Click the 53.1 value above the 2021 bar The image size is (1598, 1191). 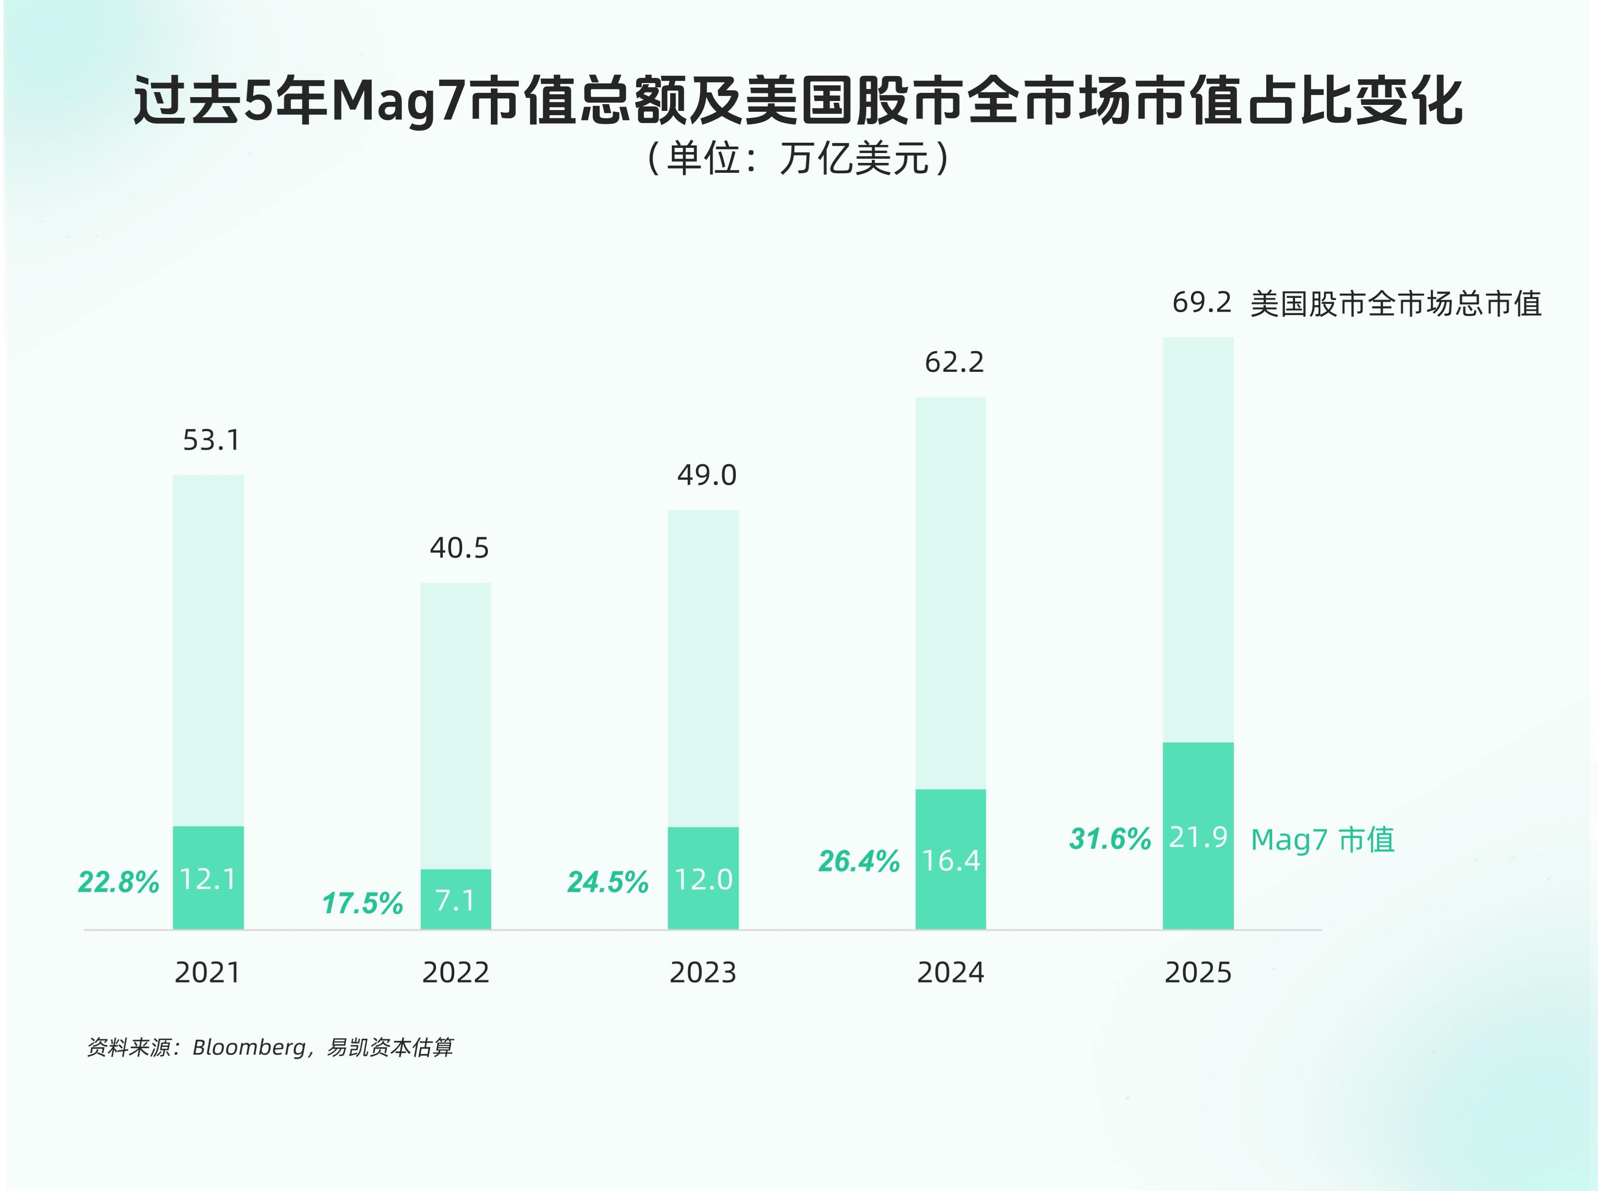coord(211,440)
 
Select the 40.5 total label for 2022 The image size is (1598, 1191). coord(459,548)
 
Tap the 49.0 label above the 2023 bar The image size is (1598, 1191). coord(707,475)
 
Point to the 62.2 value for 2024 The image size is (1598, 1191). coord(954,362)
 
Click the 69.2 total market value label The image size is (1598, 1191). coord(1202,302)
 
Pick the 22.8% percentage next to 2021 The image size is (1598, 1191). coord(118,882)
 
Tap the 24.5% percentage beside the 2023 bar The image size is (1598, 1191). coord(608,882)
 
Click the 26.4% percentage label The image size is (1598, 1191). coord(858,861)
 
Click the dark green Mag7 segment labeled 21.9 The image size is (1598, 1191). coord(1197,836)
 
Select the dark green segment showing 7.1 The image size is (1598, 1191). coord(456,900)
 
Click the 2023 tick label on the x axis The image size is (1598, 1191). coord(703,973)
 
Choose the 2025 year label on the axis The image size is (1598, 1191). coord(1198,973)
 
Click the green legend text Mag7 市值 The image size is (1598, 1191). coord(1322,840)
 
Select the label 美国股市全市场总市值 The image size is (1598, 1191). coord(1396,303)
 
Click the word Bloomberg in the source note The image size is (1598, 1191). coord(249,1047)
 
